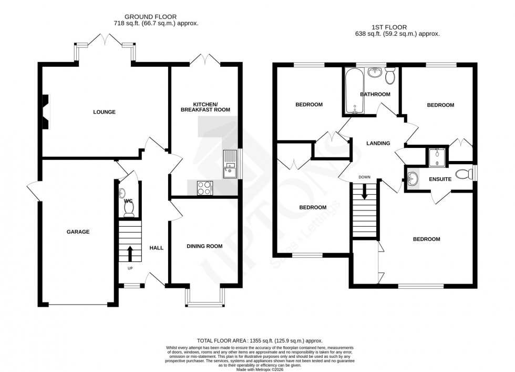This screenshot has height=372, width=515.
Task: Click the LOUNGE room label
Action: (x=104, y=112)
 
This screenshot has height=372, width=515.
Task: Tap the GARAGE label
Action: (x=78, y=232)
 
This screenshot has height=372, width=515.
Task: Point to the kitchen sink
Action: (x=230, y=162)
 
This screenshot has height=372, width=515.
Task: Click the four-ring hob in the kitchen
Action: (x=204, y=188)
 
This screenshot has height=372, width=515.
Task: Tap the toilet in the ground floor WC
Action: (x=128, y=209)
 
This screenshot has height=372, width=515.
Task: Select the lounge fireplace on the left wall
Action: (x=46, y=112)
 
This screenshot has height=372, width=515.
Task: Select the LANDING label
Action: (x=378, y=143)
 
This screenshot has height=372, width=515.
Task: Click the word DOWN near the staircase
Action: (x=365, y=177)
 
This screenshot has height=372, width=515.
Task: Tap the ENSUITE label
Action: (x=440, y=179)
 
